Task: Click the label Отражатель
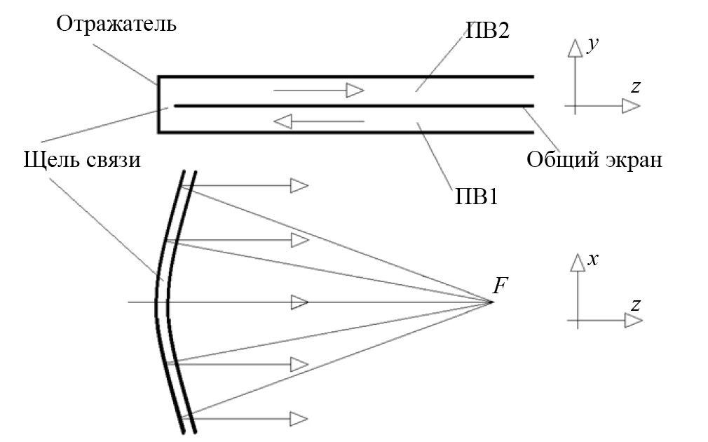point(117,25)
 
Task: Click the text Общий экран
point(594,160)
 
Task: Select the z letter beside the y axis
point(635,87)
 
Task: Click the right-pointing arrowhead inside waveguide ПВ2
point(355,91)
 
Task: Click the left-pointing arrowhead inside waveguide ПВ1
point(282,121)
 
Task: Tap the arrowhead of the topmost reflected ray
point(299,185)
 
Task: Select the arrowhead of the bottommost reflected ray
point(299,419)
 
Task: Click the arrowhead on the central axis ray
point(299,302)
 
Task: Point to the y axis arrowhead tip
point(575,41)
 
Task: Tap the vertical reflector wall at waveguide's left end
point(159,104)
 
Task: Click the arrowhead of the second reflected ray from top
point(299,240)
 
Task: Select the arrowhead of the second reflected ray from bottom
point(299,363)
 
